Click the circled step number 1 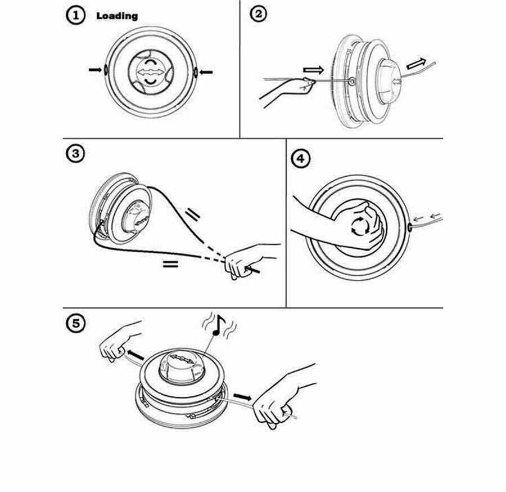pyautogui.click(x=75, y=16)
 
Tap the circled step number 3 pyautogui.click(x=75, y=154)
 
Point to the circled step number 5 pyautogui.click(x=75, y=324)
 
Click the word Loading pyautogui.click(x=117, y=16)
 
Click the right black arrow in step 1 pyautogui.click(x=207, y=71)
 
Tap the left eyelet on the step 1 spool pyautogui.click(x=105, y=69)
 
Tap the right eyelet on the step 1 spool pyautogui.click(x=196, y=71)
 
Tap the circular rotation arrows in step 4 pyautogui.click(x=358, y=225)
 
